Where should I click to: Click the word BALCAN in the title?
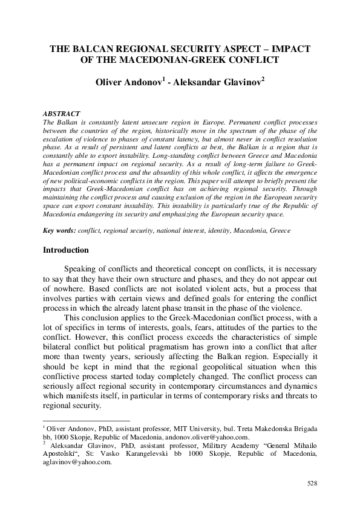(x=95, y=49)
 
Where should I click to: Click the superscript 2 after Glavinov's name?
(x=263, y=79)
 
